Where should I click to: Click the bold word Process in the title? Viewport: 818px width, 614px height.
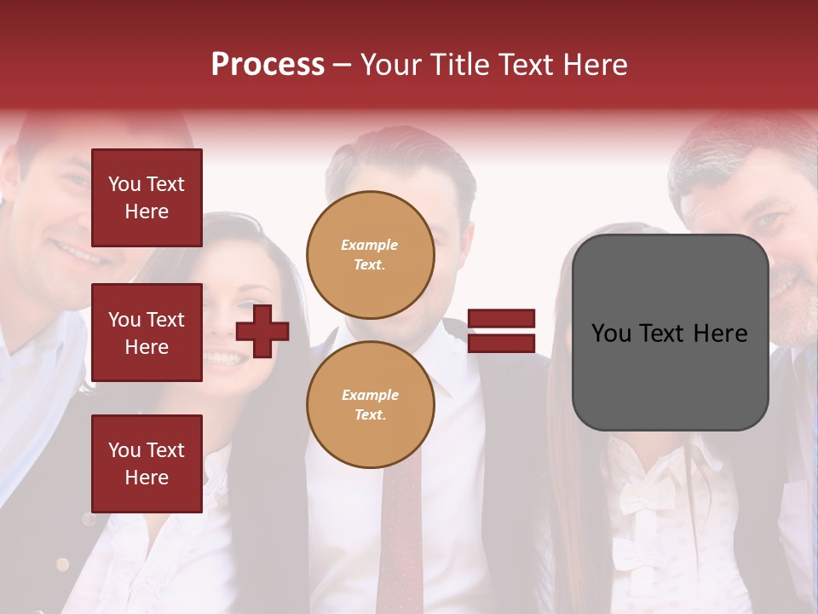[x=268, y=64]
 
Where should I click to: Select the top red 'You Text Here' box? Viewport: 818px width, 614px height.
[x=147, y=198]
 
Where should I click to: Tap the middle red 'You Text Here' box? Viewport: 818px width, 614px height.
[x=147, y=333]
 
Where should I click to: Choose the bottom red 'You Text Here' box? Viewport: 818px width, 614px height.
[x=147, y=463]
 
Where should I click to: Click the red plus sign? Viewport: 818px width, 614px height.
[x=262, y=330]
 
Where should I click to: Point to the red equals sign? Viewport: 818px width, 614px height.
[x=502, y=331]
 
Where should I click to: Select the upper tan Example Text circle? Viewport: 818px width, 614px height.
[x=371, y=254]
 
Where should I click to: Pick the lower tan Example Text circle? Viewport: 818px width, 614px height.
[x=371, y=404]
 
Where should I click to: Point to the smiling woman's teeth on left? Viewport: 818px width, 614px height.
[x=223, y=359]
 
